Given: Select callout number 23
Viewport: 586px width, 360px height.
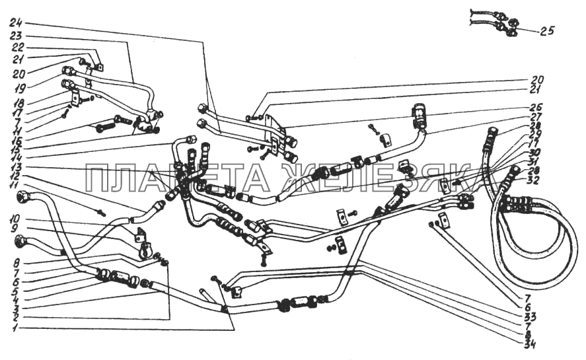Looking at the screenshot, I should [x=16, y=35].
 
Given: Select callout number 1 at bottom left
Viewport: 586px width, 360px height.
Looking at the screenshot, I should [x=16, y=328].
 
